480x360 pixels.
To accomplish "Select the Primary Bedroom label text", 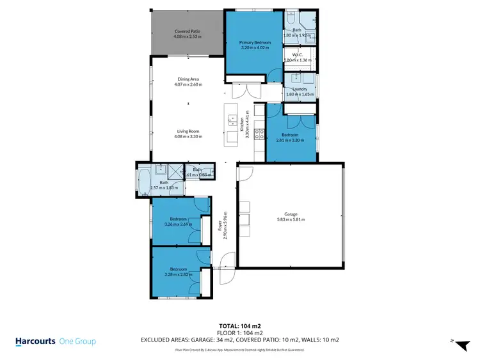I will point(255,42).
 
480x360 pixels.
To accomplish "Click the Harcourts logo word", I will point(35,341).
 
